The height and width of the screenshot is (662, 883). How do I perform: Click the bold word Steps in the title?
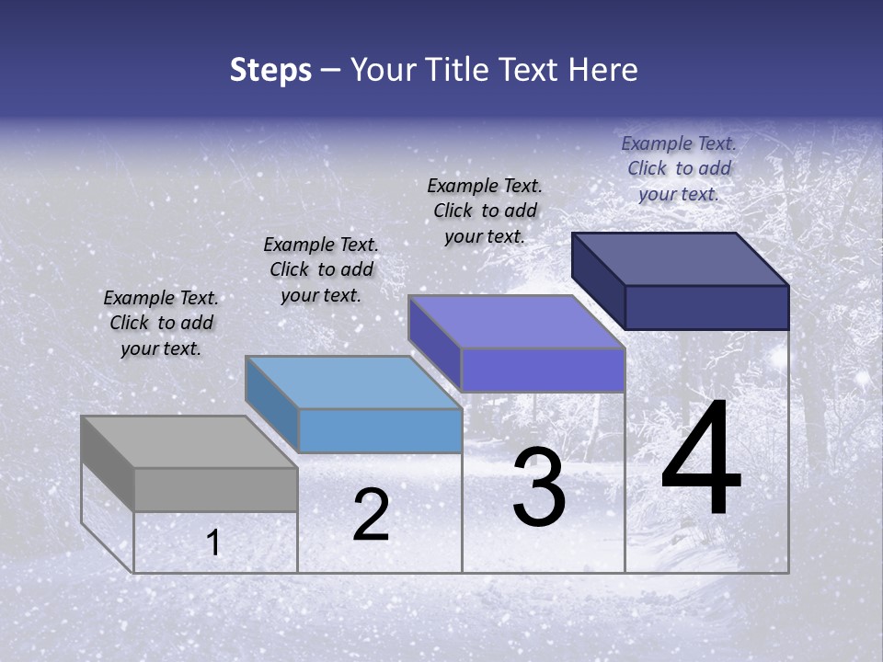(270, 70)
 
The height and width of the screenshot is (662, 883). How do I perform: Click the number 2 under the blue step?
(371, 515)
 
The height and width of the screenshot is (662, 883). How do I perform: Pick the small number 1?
(213, 543)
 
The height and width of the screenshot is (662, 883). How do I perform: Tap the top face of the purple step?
(517, 322)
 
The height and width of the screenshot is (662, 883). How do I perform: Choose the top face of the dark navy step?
(681, 258)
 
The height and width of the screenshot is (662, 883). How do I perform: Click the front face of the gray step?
(216, 489)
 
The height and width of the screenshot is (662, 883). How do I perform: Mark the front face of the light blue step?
(380, 430)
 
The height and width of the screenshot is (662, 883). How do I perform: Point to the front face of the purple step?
(543, 370)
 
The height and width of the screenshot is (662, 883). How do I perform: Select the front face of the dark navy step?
(706, 307)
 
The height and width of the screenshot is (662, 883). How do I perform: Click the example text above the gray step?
(161, 323)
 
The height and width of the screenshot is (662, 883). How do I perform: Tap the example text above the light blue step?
(321, 269)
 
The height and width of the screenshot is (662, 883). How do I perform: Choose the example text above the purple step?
(485, 211)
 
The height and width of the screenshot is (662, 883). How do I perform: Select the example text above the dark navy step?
(679, 168)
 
